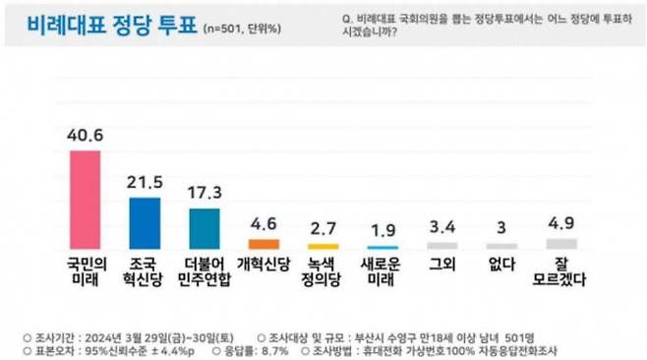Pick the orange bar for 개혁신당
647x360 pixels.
[264, 243]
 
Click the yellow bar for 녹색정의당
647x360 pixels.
[323, 246]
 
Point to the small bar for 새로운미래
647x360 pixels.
[382, 246]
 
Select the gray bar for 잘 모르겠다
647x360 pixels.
[561, 243]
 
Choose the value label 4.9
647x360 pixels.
[561, 223]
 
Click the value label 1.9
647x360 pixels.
[382, 231]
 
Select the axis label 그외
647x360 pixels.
[442, 263]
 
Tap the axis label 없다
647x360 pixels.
[501, 263]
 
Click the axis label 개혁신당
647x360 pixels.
[264, 263]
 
